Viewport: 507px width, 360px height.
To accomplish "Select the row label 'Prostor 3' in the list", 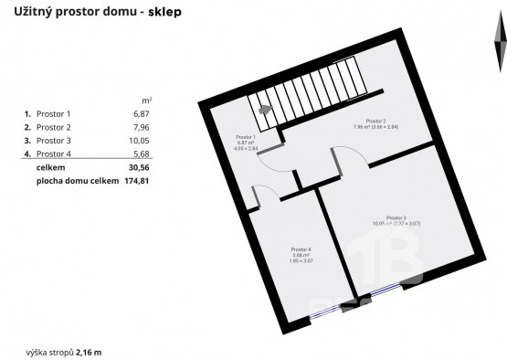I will tap(53, 142).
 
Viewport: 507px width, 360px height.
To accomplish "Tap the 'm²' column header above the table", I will tap(146, 100).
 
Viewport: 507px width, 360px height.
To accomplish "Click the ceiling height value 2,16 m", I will tap(89, 351).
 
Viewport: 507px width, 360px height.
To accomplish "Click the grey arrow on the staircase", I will tap(265, 108).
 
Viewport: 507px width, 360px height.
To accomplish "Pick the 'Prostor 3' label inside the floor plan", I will tap(396, 217).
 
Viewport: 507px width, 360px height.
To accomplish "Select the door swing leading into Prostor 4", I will tap(263, 194).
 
